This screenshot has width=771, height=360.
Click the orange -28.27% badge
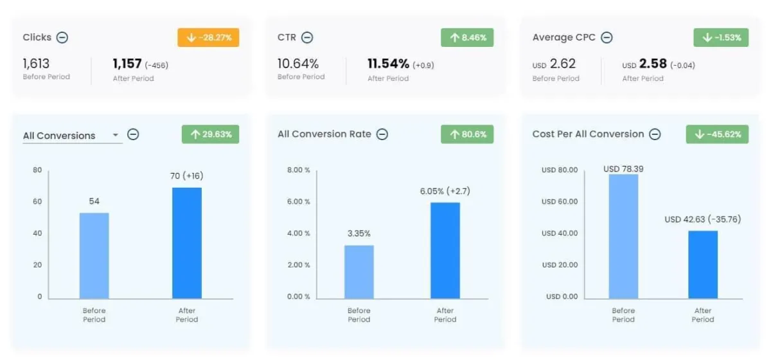point(209,38)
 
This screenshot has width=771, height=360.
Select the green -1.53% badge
point(721,38)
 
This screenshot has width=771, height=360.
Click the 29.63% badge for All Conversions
point(211,134)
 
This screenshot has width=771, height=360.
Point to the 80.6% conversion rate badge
point(467,134)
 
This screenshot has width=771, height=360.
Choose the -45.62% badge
point(721,134)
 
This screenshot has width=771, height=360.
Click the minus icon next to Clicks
point(62,38)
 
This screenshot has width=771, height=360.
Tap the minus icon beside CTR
point(307,38)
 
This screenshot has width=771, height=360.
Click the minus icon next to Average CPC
point(607,38)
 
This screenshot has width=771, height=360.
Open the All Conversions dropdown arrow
point(116,136)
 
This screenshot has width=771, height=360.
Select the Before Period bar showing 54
point(94,255)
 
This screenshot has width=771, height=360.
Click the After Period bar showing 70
point(187,243)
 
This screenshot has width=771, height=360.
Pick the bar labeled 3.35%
point(359,271)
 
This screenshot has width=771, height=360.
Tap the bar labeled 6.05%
point(445,250)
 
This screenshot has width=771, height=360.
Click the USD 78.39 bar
point(623,236)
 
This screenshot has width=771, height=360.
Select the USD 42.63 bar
point(703,264)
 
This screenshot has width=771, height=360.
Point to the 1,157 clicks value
point(127,64)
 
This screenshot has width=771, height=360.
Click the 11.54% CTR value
point(388,64)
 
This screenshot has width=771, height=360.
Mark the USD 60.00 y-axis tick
point(560,202)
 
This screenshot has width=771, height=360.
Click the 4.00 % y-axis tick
point(298,233)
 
